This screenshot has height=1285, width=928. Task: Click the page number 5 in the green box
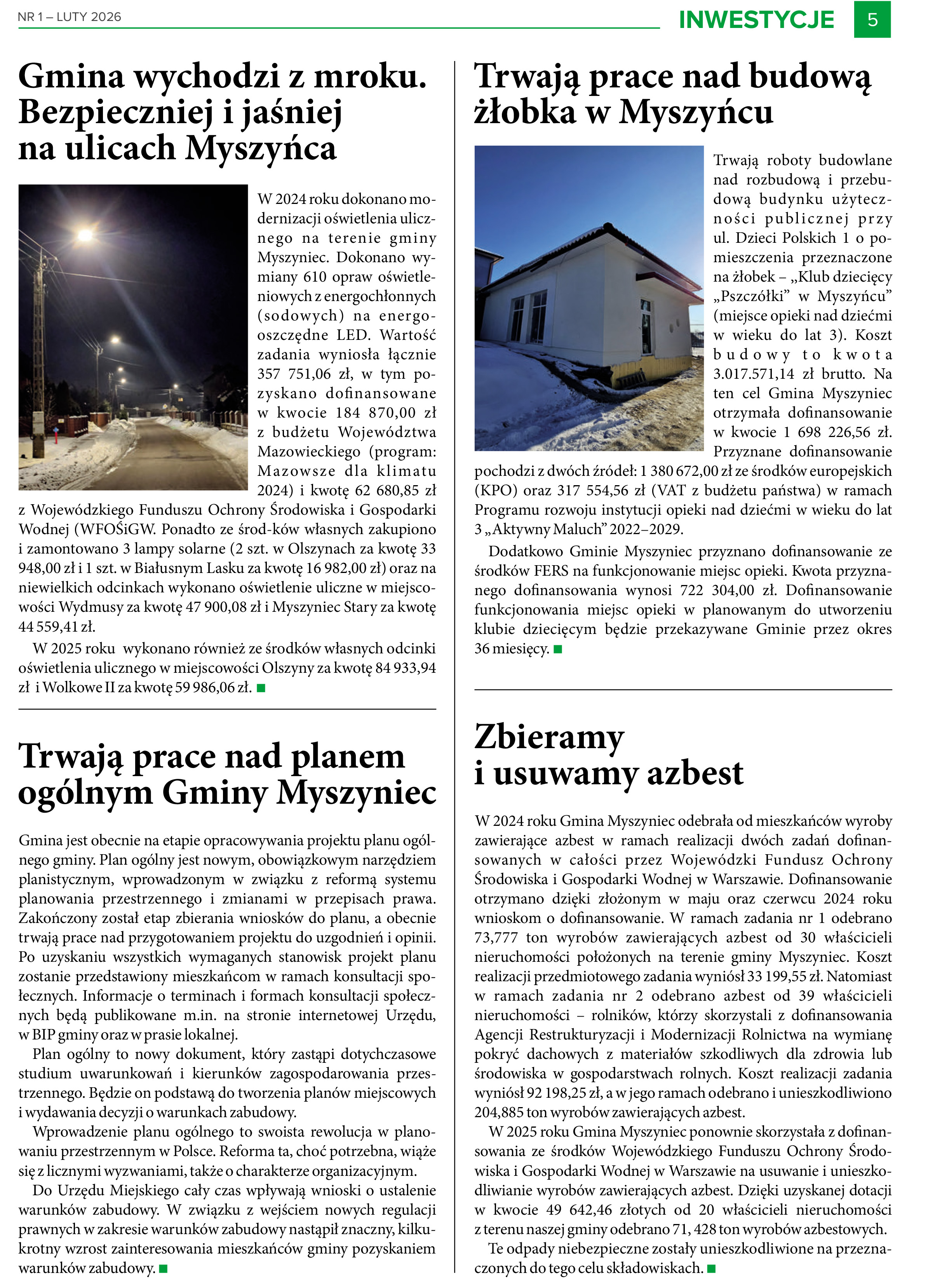[x=872, y=20]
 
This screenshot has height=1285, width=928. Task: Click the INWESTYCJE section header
[x=756, y=20]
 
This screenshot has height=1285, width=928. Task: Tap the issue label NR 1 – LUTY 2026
[x=69, y=17]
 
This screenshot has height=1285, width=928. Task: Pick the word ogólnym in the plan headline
[x=85, y=793]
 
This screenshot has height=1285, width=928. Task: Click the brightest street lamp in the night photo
[x=85, y=234]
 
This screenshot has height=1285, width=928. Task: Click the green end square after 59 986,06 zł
[x=261, y=688]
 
